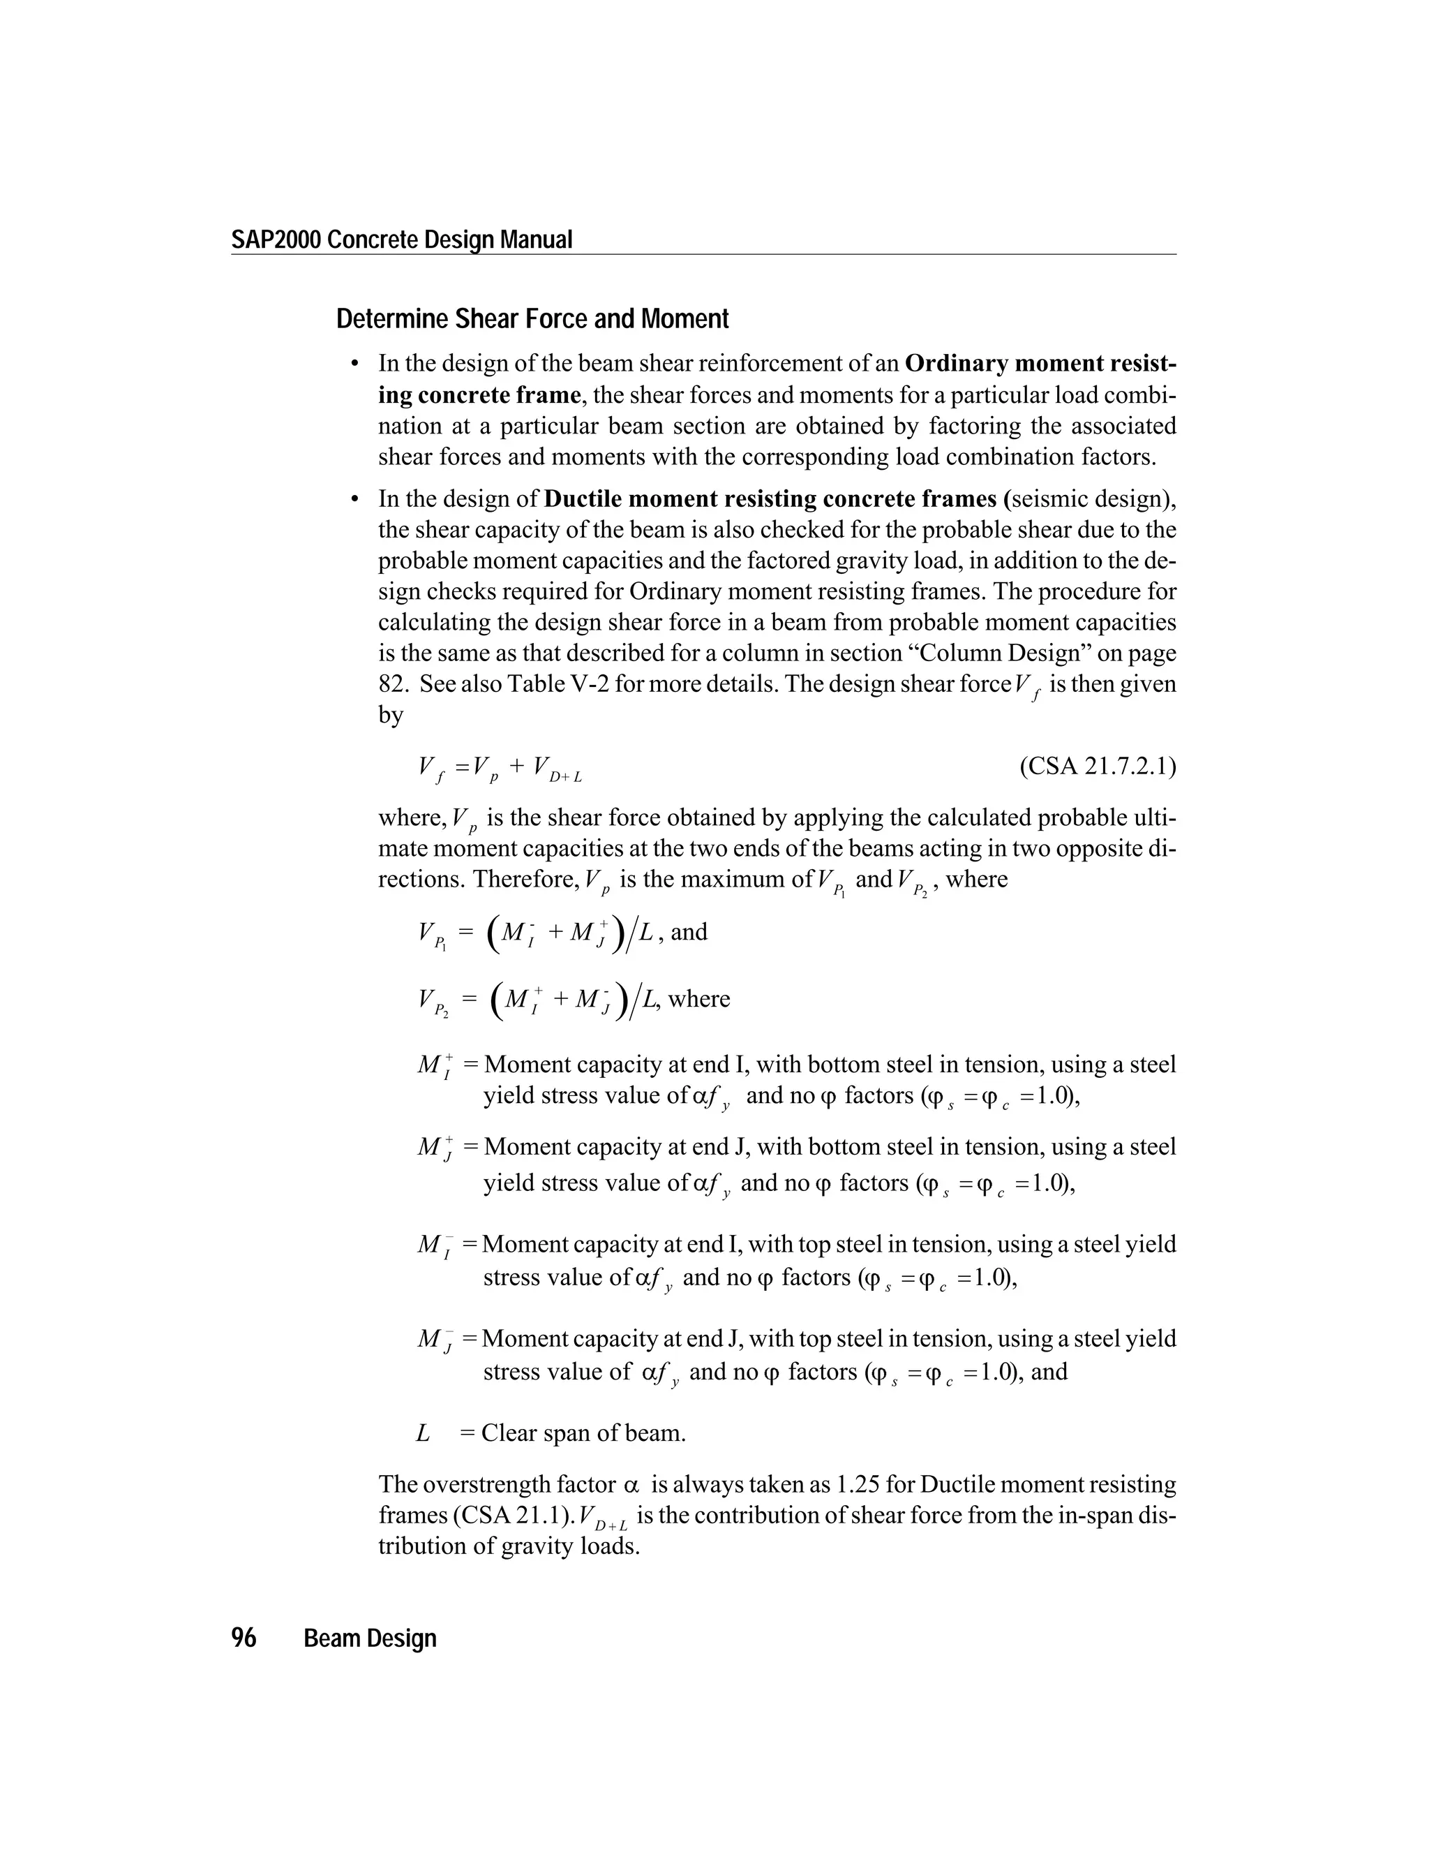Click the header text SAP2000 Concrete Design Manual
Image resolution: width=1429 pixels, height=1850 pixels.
point(401,239)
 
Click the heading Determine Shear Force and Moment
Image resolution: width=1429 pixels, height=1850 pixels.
point(532,319)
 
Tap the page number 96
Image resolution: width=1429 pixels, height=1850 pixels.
point(244,1638)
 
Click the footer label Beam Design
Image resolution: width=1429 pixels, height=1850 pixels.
point(370,1639)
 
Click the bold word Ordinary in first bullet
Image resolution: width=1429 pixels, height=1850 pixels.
point(955,364)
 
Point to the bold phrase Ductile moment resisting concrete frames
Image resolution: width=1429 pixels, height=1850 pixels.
point(774,499)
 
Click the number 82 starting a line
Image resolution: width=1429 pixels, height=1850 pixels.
point(393,683)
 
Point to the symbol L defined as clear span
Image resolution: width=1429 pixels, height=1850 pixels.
point(422,1433)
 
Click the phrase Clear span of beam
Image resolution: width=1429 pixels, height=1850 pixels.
point(583,1433)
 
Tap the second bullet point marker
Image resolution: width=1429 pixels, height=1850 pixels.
point(356,500)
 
